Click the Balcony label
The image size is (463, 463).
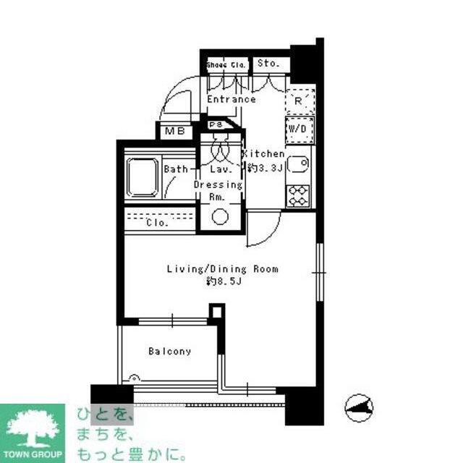[170, 352]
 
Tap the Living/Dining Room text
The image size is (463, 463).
[222, 269]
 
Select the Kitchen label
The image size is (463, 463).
[265, 154]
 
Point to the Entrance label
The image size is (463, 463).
[231, 99]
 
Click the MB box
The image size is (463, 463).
[174, 132]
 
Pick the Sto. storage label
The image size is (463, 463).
[268, 64]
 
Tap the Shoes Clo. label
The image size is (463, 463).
[226, 64]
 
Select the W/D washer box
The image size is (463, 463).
[300, 127]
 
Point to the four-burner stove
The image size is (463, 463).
[299, 193]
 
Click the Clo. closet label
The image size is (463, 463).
[157, 223]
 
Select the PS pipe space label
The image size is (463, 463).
[216, 125]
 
